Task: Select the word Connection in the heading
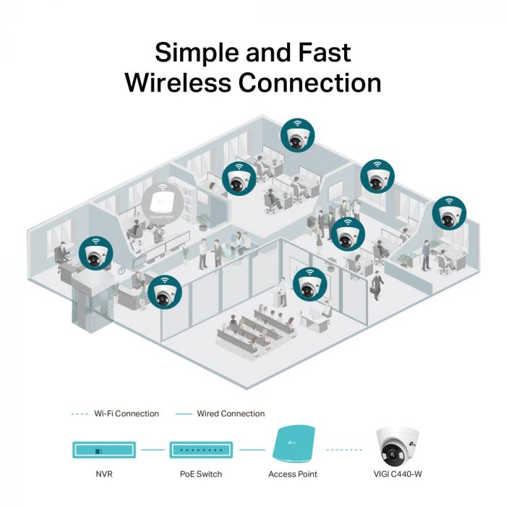point(310,82)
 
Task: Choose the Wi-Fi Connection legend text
point(126,413)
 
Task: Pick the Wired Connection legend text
point(231,413)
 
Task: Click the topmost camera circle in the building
point(299,135)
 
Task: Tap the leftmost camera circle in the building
point(96,253)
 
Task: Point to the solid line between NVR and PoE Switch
point(153,450)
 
